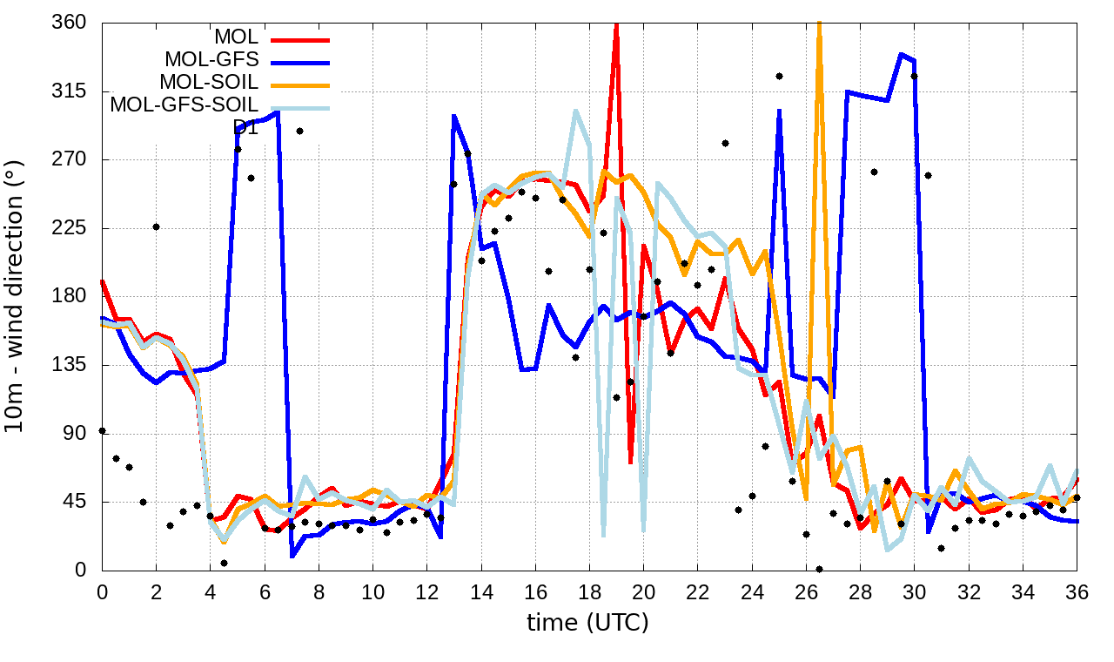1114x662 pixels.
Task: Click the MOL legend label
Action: click(236, 37)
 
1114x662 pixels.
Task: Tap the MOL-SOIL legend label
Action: click(209, 83)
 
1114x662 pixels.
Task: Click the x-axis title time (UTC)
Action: click(587, 623)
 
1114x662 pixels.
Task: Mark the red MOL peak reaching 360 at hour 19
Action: click(616, 24)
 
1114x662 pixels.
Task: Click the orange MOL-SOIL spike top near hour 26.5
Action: click(819, 24)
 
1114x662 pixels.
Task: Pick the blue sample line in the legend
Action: click(300, 61)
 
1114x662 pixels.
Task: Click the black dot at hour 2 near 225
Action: click(156, 226)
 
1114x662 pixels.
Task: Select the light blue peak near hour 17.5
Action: click(576, 111)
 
